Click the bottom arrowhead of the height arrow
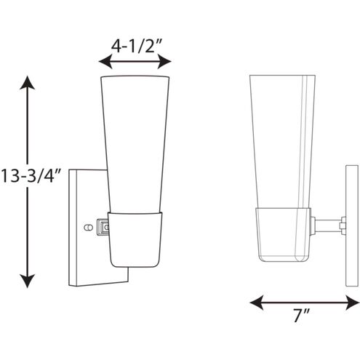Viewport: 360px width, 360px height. (x=28, y=279)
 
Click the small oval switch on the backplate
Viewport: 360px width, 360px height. (x=90, y=227)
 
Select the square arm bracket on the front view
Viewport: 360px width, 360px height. (x=102, y=228)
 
